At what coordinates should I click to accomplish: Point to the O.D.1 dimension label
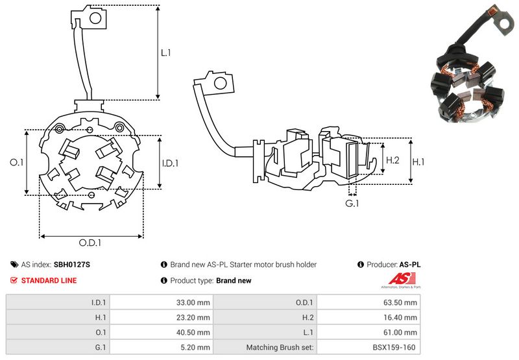91,243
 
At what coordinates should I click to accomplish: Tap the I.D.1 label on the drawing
169,162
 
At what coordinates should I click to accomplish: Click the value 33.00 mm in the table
192,302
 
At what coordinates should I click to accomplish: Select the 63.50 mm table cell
400,302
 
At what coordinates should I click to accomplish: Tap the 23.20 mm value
192,317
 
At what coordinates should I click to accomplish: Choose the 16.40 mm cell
400,317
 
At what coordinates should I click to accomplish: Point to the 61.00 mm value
400,332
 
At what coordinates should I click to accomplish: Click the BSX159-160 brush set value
397,348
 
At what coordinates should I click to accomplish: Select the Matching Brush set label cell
280,348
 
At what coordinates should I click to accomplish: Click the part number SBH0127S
72,265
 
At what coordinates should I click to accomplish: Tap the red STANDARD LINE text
49,281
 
